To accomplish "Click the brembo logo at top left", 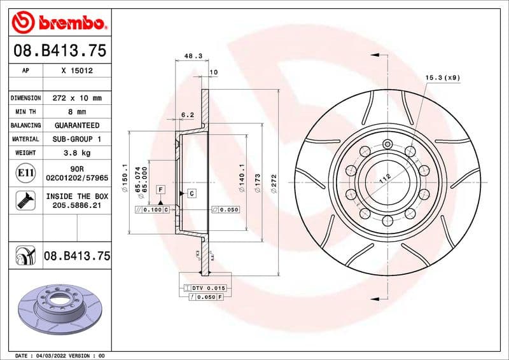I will (x=59, y=23).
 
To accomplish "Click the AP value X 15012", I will (x=77, y=71).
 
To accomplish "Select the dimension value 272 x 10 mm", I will (x=77, y=98).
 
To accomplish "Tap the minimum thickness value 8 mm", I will (x=77, y=112).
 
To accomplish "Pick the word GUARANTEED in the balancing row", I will (x=77, y=125).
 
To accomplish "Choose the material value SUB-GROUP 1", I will (x=77, y=139).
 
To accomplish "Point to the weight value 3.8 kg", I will (x=77, y=153).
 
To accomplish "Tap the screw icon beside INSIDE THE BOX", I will (x=23, y=201).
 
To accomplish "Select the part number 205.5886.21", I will (x=77, y=206).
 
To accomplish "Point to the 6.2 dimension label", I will (x=188, y=115).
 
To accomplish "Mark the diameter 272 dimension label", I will (x=274, y=181).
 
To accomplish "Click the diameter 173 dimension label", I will (x=258, y=184).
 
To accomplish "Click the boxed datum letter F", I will (x=161, y=190).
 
